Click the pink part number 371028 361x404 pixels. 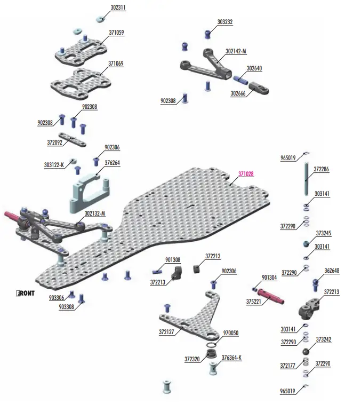[246, 174]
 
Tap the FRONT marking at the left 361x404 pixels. [26, 293]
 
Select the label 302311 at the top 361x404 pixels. [119, 9]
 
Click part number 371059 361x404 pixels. [116, 33]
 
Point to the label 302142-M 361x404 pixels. [236, 52]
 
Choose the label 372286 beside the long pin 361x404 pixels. [321, 169]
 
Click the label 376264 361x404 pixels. [112, 163]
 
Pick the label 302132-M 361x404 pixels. [95, 213]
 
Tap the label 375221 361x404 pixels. [254, 301]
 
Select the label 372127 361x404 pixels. [167, 332]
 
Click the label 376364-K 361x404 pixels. [231, 357]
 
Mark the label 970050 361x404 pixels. [230, 332]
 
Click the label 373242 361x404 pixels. [324, 339]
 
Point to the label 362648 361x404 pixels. [331, 271]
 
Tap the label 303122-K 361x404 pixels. [54, 165]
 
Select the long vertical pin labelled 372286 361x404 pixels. [307, 179]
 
